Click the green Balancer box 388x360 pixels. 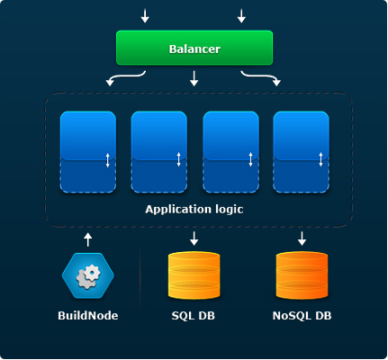tap(194, 48)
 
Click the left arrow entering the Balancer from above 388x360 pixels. tap(145, 16)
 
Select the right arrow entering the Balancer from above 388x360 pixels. tap(241, 16)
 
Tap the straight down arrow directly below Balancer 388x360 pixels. tap(194, 78)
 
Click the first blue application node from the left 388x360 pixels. tap(88, 152)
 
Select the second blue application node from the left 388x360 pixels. tap(159, 152)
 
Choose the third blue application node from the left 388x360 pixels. tap(230, 152)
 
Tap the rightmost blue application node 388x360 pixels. tap(301, 152)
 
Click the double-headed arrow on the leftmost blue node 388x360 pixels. tap(108, 160)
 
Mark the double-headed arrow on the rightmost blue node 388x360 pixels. tap(320, 159)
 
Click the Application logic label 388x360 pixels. tap(194, 209)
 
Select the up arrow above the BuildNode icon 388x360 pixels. tap(87, 239)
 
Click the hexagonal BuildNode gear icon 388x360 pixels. tap(88, 276)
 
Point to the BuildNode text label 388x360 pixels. tap(88, 316)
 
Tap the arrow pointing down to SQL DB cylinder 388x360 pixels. tap(194, 238)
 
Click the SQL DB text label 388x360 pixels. tap(194, 316)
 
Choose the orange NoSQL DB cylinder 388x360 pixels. tap(302, 275)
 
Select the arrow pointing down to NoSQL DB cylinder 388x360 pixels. tap(302, 238)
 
